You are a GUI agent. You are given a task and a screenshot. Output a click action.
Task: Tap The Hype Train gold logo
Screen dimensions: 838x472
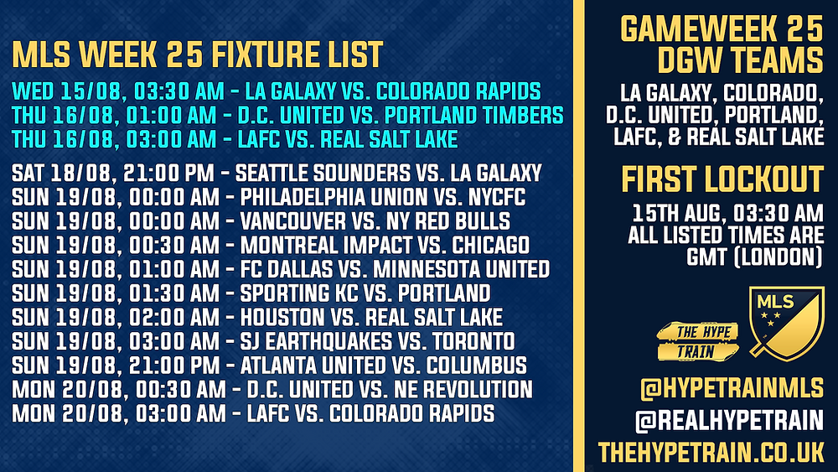coord(697,341)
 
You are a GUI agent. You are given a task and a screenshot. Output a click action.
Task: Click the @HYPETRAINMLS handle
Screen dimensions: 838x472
coord(732,388)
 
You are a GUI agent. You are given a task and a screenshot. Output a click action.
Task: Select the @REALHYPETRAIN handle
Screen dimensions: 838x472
coord(730,421)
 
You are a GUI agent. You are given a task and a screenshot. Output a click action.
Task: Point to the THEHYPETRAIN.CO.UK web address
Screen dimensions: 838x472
coord(711,452)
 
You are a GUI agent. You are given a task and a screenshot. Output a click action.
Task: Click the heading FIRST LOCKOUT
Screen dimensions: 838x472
coord(722,179)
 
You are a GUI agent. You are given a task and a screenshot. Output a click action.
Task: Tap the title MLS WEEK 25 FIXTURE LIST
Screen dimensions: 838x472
coord(198,54)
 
